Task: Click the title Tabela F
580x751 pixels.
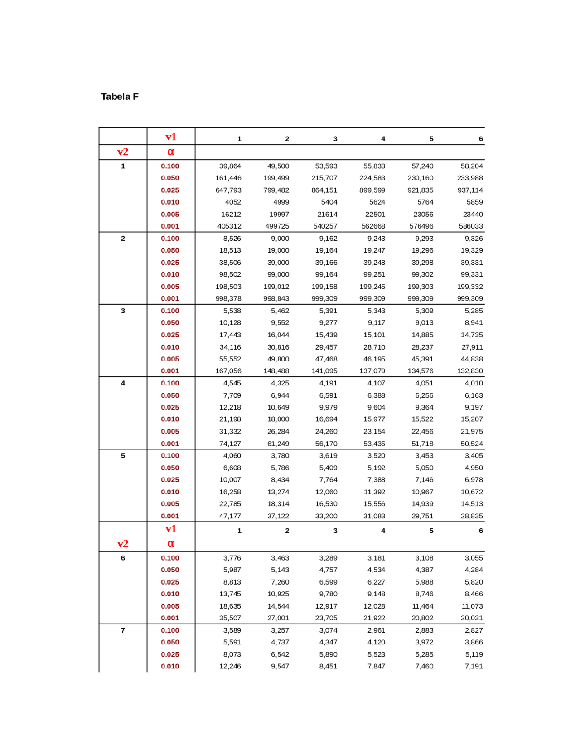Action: click(x=120, y=97)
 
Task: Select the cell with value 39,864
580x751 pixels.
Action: click(x=230, y=166)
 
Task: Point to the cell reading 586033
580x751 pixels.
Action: click(x=471, y=226)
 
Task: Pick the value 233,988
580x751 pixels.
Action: click(x=470, y=178)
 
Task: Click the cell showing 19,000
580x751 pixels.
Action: click(x=278, y=250)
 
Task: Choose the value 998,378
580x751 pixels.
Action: click(x=228, y=298)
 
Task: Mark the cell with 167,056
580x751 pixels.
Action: click(x=228, y=371)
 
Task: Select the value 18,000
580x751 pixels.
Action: click(x=278, y=419)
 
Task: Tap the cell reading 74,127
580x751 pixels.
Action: click(x=230, y=444)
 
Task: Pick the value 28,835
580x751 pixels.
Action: click(x=472, y=516)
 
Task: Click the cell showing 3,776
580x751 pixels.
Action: click(x=232, y=558)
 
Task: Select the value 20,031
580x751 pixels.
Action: click(x=472, y=618)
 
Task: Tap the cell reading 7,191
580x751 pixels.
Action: click(x=474, y=666)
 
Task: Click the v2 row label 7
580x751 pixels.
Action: click(x=123, y=630)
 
